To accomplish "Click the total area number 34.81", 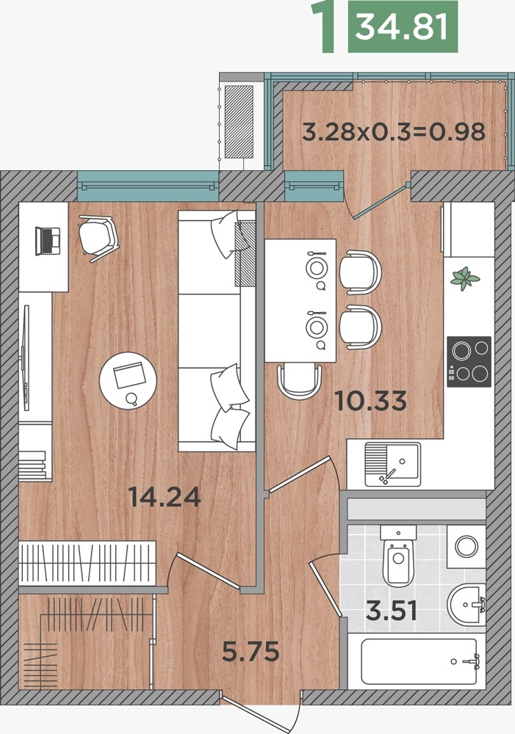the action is coord(403,26).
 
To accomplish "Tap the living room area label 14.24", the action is coord(165,497).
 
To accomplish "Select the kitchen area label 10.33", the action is coord(370,401).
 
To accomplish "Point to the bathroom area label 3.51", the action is coord(392,611).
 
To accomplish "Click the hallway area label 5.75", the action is coord(251,652).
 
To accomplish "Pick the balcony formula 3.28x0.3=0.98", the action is coord(394,131).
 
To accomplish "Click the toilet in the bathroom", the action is coord(398,556).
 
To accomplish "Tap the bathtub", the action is coord(419,661).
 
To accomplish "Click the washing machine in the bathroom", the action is coord(466,546).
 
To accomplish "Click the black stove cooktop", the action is coord(469,361).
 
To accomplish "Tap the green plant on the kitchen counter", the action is coord(465,278).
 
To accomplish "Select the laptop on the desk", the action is coord(48,241).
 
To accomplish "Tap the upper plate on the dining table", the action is coord(317,268).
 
